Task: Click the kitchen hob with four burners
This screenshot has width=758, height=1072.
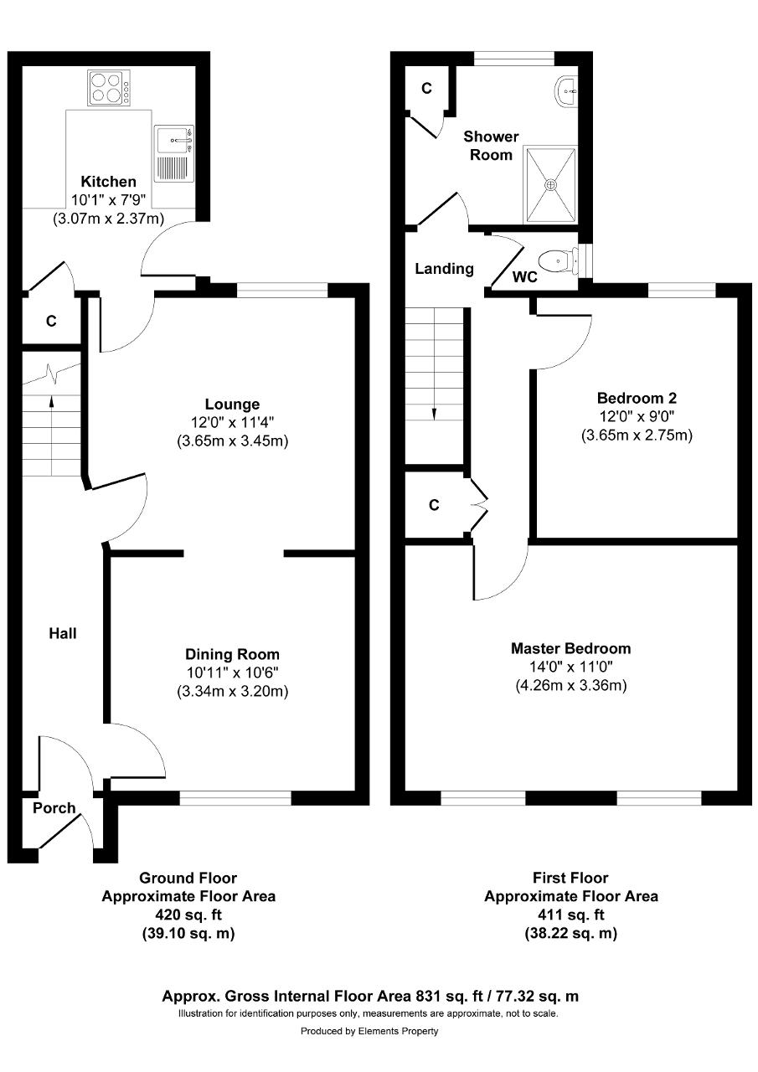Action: coord(109,88)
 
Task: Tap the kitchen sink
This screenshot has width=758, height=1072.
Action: coord(173,153)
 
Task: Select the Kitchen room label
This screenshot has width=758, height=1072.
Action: coord(109,182)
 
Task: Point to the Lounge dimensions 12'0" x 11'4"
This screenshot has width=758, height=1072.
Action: coord(232,423)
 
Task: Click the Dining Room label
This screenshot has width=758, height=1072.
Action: coord(232,654)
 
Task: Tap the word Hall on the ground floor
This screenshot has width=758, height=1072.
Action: coord(63,634)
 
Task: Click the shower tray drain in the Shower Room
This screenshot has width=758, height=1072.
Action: coord(551,184)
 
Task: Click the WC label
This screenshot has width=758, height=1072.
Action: coord(525,276)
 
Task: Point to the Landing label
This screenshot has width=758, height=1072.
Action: coord(444,269)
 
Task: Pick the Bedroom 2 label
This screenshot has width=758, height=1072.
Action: coord(637,398)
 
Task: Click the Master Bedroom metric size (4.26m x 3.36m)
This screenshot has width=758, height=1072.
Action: coord(571,686)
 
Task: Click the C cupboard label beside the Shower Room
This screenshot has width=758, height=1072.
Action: coord(426,88)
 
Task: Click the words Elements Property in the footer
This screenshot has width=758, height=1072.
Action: coord(398,1031)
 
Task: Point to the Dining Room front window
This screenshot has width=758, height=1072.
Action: coord(235,797)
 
